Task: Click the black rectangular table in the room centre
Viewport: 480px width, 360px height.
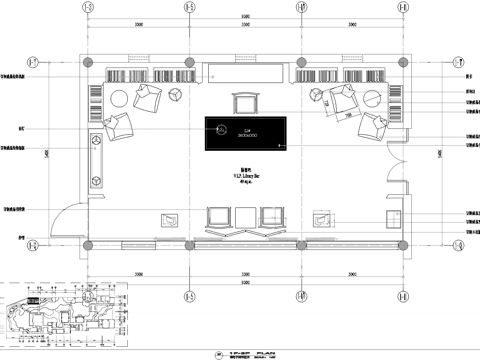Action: point(246,131)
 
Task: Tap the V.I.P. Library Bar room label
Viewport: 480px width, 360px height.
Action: point(245,176)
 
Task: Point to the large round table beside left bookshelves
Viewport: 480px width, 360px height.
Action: point(118,97)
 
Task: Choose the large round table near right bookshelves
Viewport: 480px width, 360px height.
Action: point(371,98)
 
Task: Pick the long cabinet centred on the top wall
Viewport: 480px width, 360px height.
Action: point(245,73)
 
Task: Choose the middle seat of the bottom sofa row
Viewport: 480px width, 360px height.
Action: point(245,216)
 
